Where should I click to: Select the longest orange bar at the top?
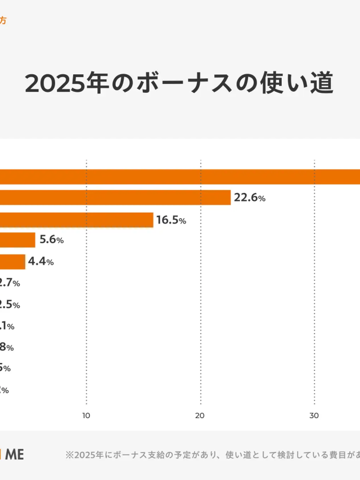tap(180, 177)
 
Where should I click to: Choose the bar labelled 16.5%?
tap(76, 219)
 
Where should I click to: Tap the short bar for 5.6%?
tap(17, 240)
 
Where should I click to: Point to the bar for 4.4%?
tap(12, 262)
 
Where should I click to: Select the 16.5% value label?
tap(171, 220)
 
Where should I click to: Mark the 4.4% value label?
tap(41, 262)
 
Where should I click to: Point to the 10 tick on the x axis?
tap(86, 416)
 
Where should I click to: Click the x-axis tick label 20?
tap(200, 416)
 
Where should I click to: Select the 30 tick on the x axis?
tap(314, 416)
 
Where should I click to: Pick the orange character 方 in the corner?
tap(3, 21)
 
